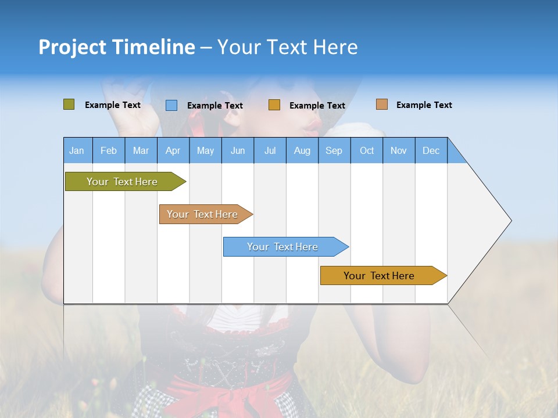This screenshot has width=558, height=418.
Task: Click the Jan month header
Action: coord(77,150)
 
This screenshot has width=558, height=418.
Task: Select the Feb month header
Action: coord(109,150)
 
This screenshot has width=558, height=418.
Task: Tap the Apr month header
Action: coord(173,150)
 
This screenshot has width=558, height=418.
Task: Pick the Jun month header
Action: coord(238,150)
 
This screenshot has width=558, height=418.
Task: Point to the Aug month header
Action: coord(302,150)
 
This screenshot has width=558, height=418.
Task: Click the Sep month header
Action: coord(334,150)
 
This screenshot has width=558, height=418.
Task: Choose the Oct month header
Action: coord(367,150)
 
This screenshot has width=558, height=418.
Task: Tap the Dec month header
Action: coord(431,150)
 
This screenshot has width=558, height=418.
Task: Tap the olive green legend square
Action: coord(69,105)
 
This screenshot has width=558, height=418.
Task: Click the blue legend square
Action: coord(171,105)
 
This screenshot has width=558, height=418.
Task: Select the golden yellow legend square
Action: coord(274,105)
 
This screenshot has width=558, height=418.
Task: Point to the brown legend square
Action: coord(382,105)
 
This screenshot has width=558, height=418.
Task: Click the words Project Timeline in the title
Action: coord(117,47)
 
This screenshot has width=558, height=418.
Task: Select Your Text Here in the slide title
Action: coord(288,47)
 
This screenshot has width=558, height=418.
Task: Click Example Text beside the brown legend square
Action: coord(424,105)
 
